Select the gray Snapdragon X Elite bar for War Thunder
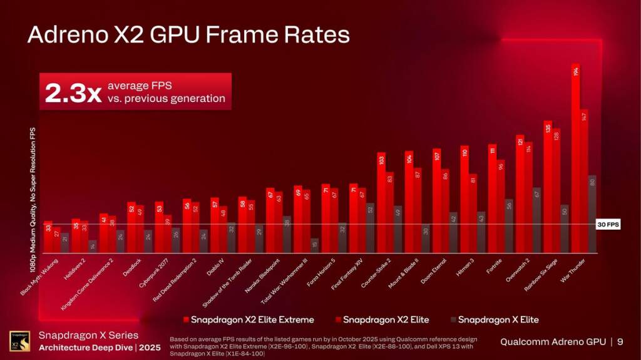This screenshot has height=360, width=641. [x=592, y=215]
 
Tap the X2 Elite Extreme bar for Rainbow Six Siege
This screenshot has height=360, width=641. [x=548, y=188]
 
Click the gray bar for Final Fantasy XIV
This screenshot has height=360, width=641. [x=370, y=229]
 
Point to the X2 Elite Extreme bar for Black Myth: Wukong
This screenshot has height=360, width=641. [x=48, y=238]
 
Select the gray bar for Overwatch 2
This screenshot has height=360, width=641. [x=536, y=220]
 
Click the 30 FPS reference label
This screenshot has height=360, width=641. [x=608, y=224]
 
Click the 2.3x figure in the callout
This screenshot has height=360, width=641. [x=73, y=93]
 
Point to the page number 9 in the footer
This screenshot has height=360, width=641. [x=620, y=342]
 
